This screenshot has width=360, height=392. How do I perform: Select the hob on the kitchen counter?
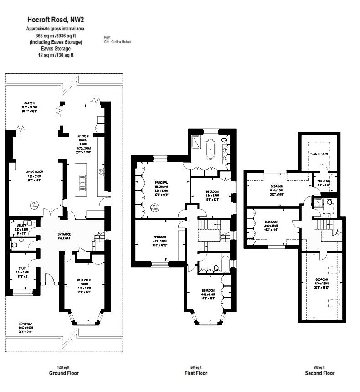pyautogui.click(x=100, y=172)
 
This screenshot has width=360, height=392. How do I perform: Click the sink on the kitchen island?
pyautogui.click(x=83, y=184)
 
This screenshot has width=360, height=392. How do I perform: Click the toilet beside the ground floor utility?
pyautogui.click(x=14, y=244)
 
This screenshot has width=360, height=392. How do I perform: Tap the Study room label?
pyautogui.click(x=22, y=268)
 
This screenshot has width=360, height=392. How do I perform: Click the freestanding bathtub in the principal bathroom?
pyautogui.click(x=211, y=149)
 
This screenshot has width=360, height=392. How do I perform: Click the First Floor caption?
pyautogui.click(x=195, y=373)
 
